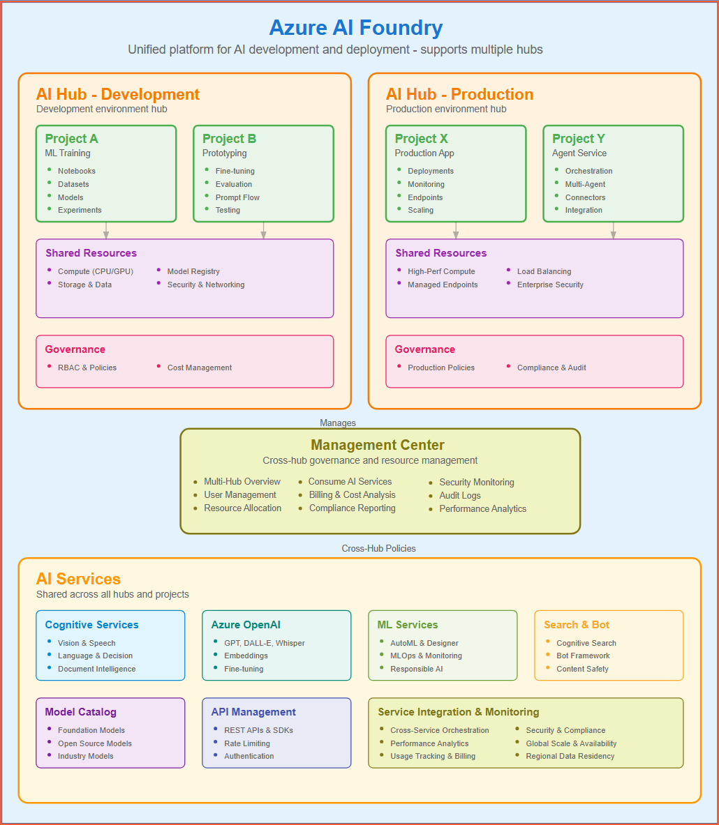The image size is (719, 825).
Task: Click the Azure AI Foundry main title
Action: coord(355,28)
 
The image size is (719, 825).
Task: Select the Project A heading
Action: coord(71,139)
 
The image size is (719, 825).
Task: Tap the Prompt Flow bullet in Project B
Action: coord(237,197)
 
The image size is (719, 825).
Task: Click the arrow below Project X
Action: coord(456,231)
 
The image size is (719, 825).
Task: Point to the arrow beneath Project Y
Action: coord(613,231)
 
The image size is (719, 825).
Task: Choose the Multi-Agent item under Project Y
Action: coord(585,184)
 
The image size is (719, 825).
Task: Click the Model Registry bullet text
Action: coord(193,271)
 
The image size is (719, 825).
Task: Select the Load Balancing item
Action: coord(544,271)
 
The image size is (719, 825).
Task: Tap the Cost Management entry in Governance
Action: coord(199,368)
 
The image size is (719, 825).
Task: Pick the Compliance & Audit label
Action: coord(551,368)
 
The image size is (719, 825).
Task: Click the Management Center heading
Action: coord(377,445)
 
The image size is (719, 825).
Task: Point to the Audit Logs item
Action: coord(459,495)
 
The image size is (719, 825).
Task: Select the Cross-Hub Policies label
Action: coord(378,548)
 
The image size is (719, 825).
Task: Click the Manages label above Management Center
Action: coord(338,423)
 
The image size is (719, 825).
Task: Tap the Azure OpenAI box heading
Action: coord(246,625)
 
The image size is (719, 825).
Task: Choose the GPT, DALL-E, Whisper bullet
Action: coord(264,643)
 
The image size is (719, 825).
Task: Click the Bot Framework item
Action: coord(583,656)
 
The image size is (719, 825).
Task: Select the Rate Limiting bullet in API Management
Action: coord(246,743)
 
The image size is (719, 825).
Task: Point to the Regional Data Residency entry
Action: coord(570,756)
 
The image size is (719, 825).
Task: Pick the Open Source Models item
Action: coord(94,743)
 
